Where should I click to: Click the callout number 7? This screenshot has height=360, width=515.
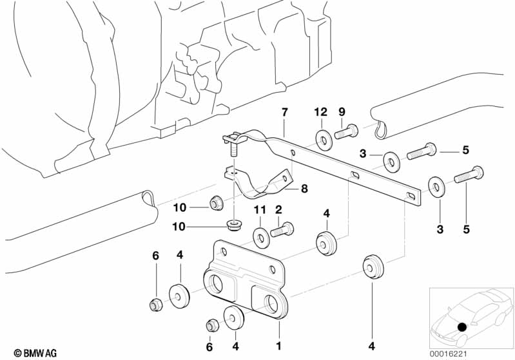coord(284,113)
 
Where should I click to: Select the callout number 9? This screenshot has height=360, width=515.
coord(342,112)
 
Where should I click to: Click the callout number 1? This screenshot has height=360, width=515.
coord(278,346)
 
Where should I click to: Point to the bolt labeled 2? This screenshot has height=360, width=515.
coord(282,229)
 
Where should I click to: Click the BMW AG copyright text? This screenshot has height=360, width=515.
coord(32,352)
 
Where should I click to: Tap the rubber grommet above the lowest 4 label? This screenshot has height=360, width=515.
coord(372,265)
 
